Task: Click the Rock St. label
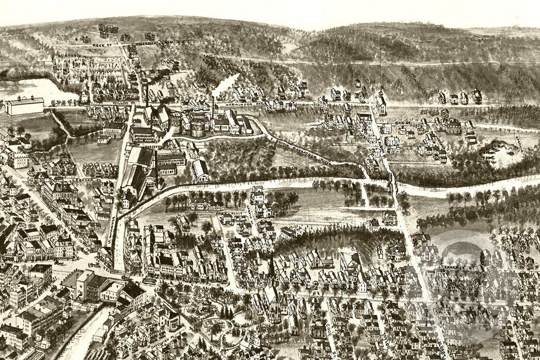tap(99, 45)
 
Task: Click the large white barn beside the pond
tap(25, 106)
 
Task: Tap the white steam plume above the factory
tap(225, 84)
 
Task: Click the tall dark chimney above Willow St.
tap(147, 95)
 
